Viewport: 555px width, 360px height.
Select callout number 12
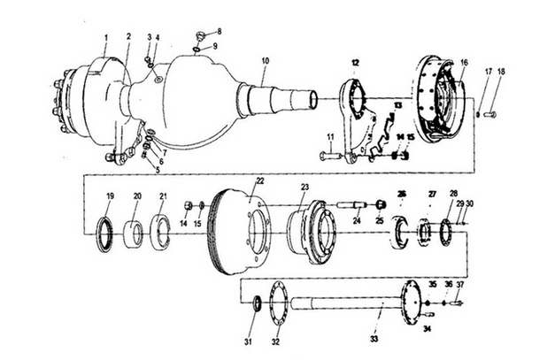pyautogui.click(x=354, y=63)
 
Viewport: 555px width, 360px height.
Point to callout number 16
pyautogui.click(x=462, y=64)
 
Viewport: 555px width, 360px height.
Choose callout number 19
pyautogui.click(x=110, y=195)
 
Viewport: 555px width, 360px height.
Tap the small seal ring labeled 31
pyautogui.click(x=257, y=304)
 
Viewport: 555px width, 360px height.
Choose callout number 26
pyautogui.click(x=401, y=194)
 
